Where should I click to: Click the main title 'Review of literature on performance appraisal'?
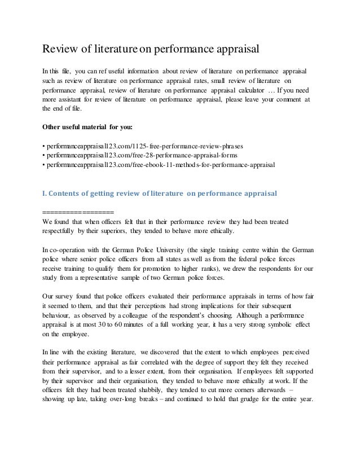pos(151,50)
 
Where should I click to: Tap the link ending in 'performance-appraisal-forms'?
pos(141,156)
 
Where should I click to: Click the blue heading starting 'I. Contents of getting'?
pos(160,194)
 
